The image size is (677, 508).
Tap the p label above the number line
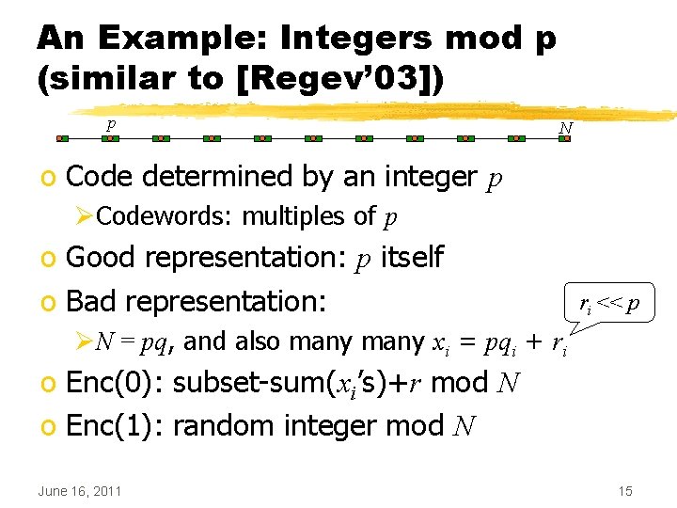tap(111, 123)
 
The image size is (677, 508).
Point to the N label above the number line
tap(565, 126)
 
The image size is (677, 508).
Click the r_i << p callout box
tap(609, 304)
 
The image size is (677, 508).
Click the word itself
tap(411, 257)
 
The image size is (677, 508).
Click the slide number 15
tap(625, 490)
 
